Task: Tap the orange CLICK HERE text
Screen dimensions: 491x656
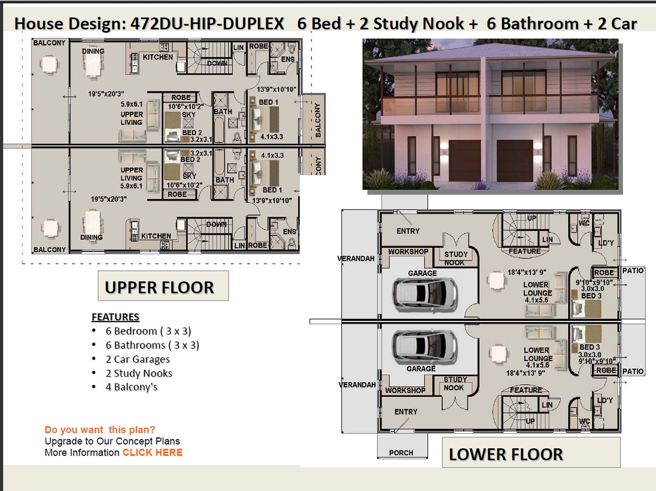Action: [152, 453]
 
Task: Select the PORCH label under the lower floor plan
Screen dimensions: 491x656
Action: [401, 453]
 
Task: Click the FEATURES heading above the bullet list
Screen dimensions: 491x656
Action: [115, 317]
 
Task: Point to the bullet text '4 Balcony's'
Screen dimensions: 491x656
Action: [131, 387]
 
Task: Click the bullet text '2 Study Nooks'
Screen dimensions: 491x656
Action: [139, 373]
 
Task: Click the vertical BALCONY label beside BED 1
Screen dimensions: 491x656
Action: [318, 120]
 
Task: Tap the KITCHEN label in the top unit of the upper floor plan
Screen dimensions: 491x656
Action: [158, 57]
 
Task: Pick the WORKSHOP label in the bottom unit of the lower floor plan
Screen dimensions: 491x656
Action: [405, 390]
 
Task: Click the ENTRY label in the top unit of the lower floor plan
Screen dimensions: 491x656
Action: [408, 231]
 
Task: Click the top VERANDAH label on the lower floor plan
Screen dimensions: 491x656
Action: [356, 258]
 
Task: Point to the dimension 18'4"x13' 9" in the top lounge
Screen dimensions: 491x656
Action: [526, 272]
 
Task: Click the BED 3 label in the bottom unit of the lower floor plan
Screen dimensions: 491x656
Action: [589, 347]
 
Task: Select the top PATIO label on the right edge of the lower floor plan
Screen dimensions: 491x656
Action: [633, 271]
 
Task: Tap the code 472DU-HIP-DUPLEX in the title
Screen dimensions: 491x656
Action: [207, 24]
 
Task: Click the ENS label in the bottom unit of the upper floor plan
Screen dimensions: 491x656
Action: [289, 232]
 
